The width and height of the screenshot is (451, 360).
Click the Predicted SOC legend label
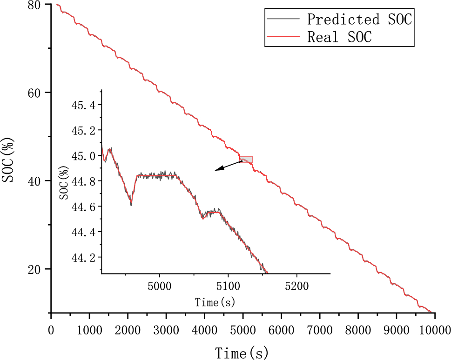tap(359, 20)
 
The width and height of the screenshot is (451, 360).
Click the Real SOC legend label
tap(339, 37)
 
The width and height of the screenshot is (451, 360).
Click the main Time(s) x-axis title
tap(242, 353)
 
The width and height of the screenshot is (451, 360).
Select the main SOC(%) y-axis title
tap(8, 160)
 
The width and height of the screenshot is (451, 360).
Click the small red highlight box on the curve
tap(246, 160)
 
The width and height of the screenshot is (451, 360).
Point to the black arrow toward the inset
tap(228, 166)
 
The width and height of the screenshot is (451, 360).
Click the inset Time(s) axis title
tap(215, 302)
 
